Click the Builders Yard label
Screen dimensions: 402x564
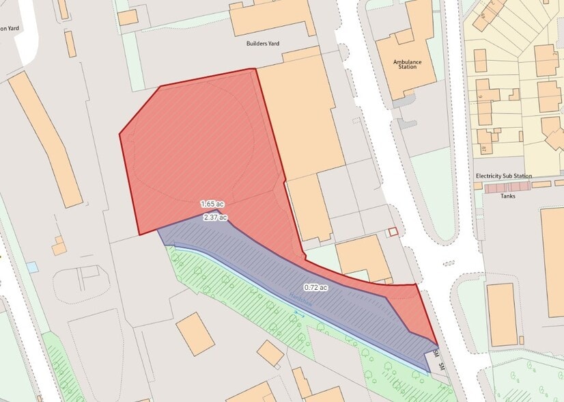tap(263, 44)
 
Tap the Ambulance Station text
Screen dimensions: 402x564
tap(407, 65)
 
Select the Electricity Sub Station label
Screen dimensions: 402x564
tap(503, 176)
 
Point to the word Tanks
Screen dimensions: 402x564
tap(507, 196)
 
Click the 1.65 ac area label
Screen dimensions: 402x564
tap(212, 204)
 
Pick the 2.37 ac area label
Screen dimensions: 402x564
tap(215, 217)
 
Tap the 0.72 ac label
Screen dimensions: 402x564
tap(315, 288)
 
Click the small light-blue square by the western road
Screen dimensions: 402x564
tap(32, 267)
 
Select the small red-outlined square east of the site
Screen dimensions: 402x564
tap(393, 232)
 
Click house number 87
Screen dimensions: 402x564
tap(483, 149)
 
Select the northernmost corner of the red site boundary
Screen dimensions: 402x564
tap(255, 69)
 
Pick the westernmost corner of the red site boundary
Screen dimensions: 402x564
tap(120, 134)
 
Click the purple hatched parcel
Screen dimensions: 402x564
tap(287, 273)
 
